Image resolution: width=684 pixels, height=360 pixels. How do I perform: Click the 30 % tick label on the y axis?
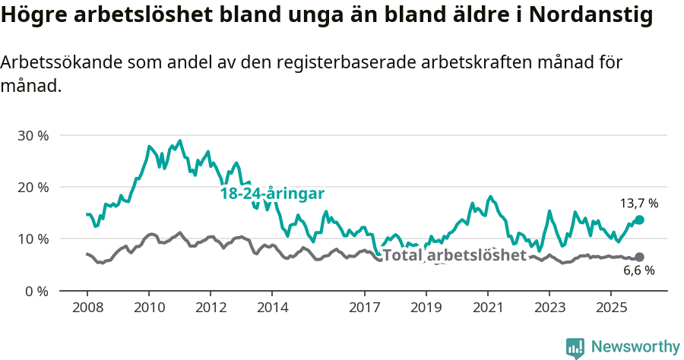tap(33, 135)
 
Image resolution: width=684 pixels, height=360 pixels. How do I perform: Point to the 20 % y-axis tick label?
tap(33, 187)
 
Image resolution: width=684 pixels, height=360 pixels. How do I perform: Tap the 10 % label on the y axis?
tap(33, 238)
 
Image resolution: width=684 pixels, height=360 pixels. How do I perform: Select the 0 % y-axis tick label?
tap(36, 291)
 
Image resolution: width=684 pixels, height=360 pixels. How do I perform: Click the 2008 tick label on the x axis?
tap(87, 308)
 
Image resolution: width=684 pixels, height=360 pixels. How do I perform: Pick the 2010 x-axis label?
tap(148, 308)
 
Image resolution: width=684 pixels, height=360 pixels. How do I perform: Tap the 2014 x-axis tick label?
tap(271, 308)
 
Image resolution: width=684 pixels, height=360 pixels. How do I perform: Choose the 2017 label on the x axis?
tap(364, 308)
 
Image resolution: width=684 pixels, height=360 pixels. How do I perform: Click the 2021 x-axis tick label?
tap(487, 308)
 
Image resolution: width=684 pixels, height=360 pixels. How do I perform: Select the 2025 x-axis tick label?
tap(610, 308)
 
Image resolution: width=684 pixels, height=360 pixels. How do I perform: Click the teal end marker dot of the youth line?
tap(639, 219)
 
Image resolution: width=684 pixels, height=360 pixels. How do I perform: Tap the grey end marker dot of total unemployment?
tap(639, 257)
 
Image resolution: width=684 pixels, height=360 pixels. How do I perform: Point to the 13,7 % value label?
tap(638, 204)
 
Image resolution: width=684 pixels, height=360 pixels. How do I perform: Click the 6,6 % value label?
tap(638, 271)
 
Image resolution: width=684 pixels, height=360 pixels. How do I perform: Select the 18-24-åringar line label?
tap(272, 194)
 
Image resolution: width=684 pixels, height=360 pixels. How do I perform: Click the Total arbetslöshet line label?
tap(454, 255)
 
